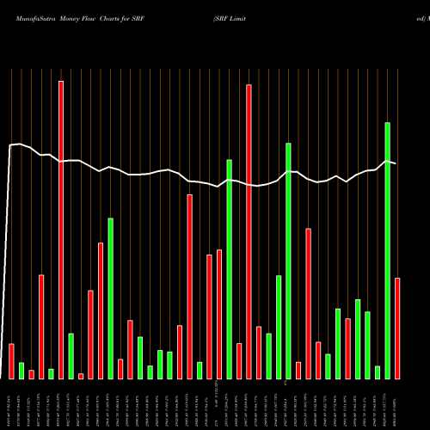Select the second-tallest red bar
249,231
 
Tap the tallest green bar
388,250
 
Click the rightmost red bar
397,328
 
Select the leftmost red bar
11,361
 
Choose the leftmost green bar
21,371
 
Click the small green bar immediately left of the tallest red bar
52,373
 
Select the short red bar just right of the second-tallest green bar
298,370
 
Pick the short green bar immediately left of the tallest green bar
378,372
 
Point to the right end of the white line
396,163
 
